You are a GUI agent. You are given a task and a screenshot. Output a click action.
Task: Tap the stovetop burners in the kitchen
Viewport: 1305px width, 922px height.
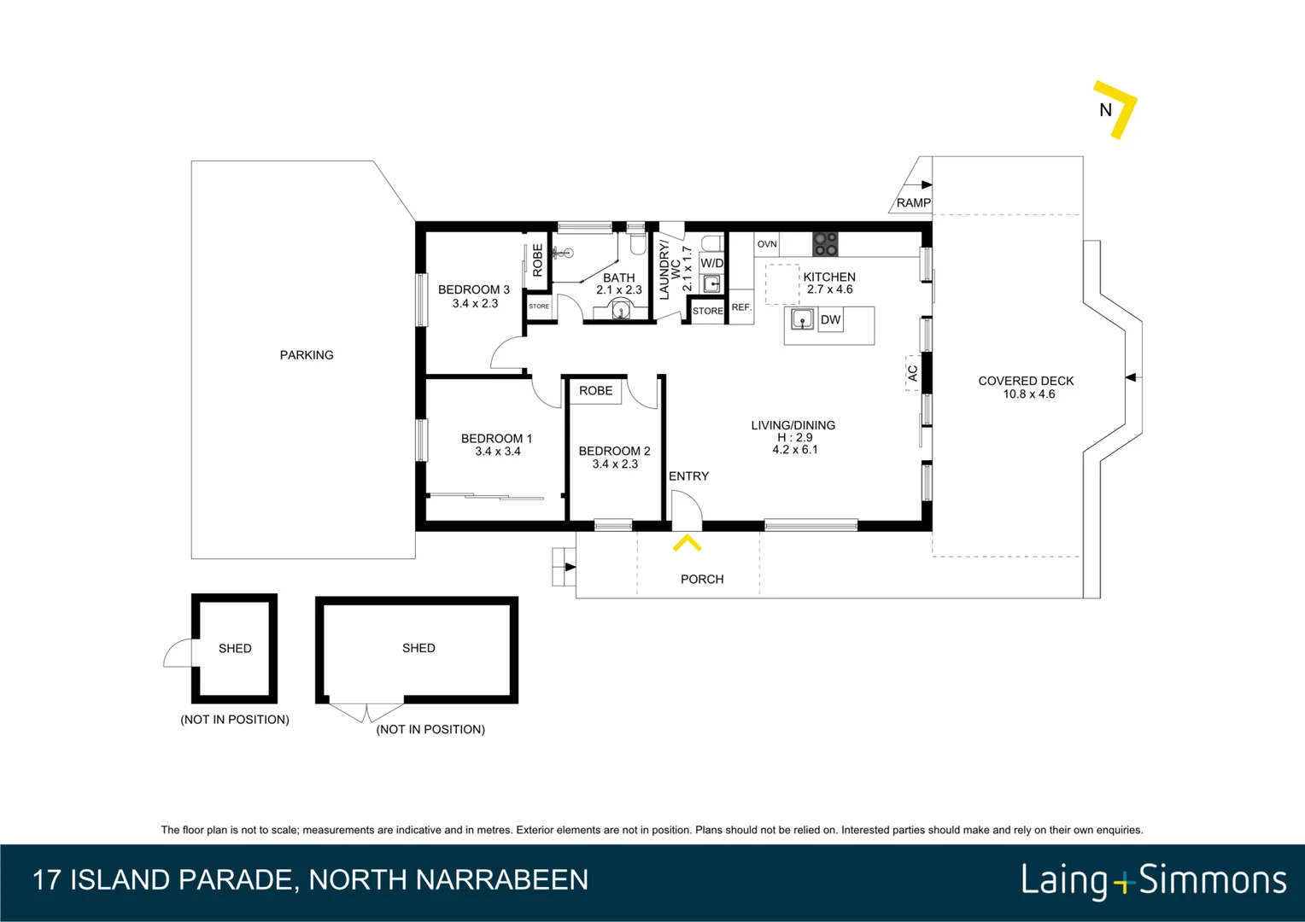click(x=826, y=245)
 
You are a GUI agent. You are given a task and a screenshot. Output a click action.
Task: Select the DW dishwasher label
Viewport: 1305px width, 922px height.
click(x=830, y=320)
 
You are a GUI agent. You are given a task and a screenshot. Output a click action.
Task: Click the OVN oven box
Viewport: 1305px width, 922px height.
click(x=767, y=245)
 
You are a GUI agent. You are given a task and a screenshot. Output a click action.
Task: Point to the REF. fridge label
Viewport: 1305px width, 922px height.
click(x=741, y=307)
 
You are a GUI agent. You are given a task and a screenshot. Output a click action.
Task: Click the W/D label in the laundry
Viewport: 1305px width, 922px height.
click(x=711, y=263)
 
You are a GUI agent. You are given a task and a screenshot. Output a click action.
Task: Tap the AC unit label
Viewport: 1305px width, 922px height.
click(x=913, y=373)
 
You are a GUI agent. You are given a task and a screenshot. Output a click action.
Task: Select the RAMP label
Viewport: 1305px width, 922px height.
click(x=913, y=202)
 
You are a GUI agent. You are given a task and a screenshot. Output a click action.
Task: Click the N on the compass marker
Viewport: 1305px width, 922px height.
click(x=1105, y=109)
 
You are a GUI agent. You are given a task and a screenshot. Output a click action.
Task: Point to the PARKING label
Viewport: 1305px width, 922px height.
click(x=307, y=355)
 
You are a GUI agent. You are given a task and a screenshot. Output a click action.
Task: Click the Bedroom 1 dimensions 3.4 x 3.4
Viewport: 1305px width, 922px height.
click(x=498, y=452)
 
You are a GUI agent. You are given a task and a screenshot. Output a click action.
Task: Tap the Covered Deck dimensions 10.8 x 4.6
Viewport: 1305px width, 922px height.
click(x=1029, y=394)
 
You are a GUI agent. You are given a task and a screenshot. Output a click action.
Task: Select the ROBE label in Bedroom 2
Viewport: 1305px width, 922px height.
click(x=595, y=391)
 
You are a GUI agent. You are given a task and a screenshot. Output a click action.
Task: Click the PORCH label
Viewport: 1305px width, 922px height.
click(x=702, y=580)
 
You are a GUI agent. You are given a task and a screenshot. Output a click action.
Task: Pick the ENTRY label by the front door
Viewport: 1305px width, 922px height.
click(x=688, y=476)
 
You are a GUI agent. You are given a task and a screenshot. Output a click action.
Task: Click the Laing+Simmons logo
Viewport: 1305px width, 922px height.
click(x=1154, y=880)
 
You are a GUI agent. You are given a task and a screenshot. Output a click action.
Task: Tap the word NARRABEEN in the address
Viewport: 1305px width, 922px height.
click(x=503, y=880)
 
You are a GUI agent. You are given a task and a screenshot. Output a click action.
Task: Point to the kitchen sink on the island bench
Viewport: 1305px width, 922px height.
click(x=802, y=320)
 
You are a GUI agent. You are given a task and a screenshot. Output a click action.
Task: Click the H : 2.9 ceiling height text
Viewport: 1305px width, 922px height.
click(x=794, y=437)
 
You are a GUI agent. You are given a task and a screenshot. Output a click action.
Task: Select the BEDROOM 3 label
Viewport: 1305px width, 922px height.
click(x=474, y=290)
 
